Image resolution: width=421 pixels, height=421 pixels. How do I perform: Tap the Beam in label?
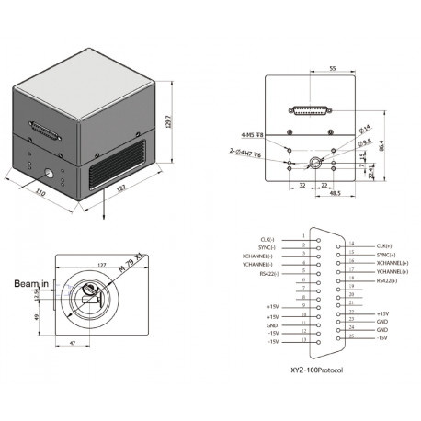[x=26, y=285]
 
